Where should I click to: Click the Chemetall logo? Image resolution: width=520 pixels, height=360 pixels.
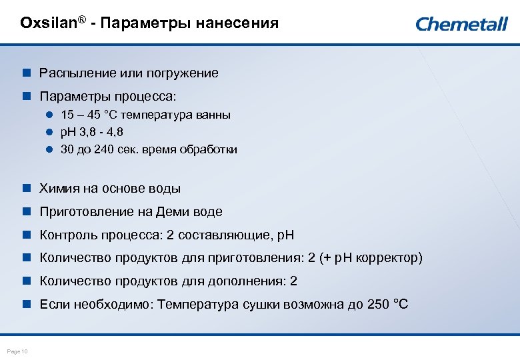click(461, 24)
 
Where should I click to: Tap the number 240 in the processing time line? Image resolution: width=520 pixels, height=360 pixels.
click(104, 149)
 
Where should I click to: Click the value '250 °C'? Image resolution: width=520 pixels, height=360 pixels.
click(387, 304)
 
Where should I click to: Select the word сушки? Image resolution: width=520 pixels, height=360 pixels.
click(259, 304)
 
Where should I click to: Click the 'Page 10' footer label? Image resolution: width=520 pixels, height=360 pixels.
click(17, 351)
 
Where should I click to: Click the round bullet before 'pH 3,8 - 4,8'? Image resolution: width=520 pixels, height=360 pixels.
click(49, 132)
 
